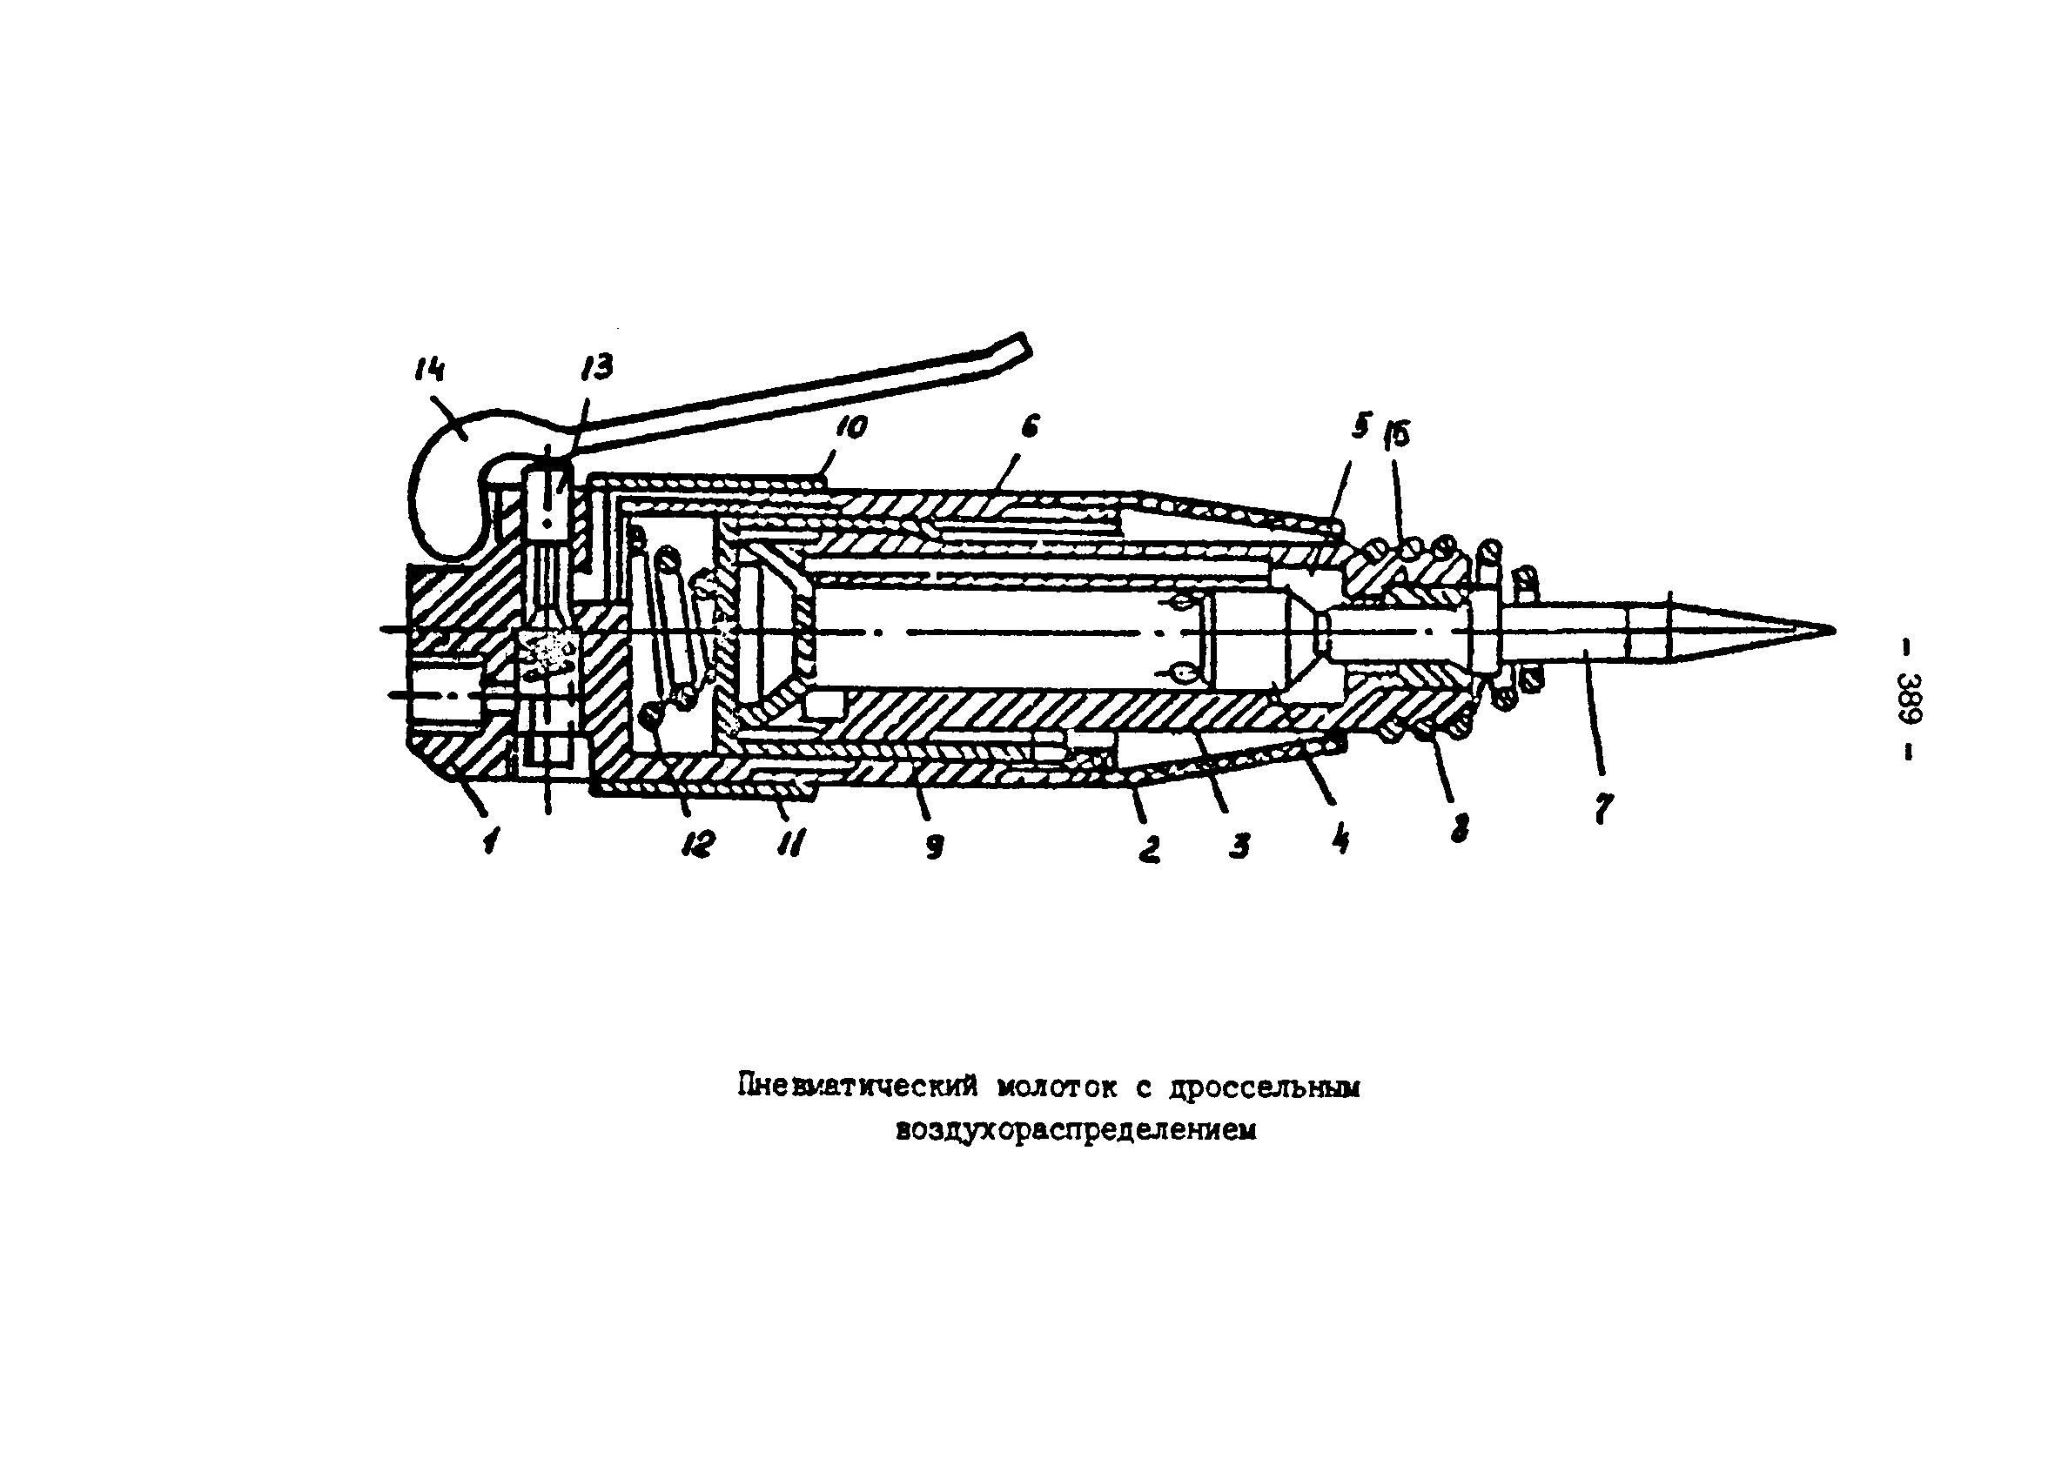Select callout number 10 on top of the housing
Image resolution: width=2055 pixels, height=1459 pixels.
tap(850, 427)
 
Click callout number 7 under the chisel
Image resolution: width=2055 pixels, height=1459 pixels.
tap(1602, 808)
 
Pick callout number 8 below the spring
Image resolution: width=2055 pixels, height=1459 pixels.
tap(1460, 827)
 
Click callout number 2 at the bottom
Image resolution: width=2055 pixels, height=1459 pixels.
tap(1148, 848)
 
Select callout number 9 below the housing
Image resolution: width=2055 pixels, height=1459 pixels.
tap(935, 846)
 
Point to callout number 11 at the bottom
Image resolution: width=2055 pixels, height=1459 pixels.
tap(790, 844)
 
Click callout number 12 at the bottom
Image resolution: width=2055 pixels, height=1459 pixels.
tap(697, 844)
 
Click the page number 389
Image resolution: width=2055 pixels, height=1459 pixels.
tap(1907, 698)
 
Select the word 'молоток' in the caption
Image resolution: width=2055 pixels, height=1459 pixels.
tap(1058, 1088)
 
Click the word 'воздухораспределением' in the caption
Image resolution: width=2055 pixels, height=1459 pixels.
tap(1076, 1131)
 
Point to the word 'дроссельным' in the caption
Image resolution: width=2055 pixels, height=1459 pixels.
tap(1265, 1088)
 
